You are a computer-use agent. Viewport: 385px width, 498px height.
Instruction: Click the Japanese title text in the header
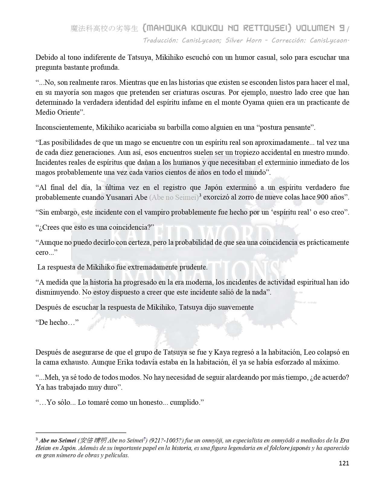(x=104, y=29)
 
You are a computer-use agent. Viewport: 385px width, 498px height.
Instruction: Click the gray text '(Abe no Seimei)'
(x=174, y=197)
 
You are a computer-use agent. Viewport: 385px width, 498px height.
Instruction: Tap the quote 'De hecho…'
(x=57, y=322)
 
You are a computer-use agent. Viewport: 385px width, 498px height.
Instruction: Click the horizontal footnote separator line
(x=81, y=432)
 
